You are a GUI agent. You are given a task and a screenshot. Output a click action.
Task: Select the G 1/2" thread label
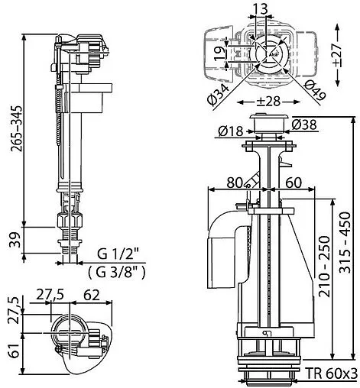point(118,254)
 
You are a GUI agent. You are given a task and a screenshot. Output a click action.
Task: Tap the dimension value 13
point(261,10)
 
